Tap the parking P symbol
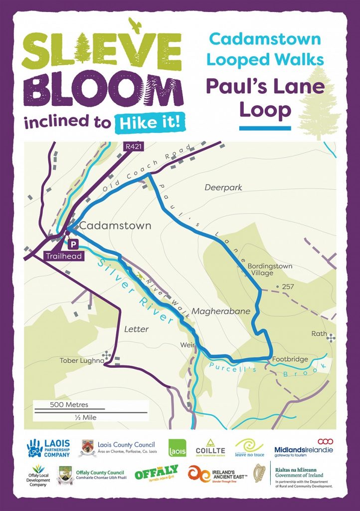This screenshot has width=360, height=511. pos(73,244)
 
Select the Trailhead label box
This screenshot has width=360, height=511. pos(63,256)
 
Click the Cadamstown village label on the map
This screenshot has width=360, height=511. pos(115,226)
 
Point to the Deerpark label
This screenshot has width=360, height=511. pos(223,188)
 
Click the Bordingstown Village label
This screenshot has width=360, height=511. pos(270,269)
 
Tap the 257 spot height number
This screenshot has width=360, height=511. pos(289,286)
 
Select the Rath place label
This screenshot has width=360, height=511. pos(319,333)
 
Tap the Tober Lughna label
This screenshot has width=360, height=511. pos(82,360)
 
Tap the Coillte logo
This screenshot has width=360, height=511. pos(211,448)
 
